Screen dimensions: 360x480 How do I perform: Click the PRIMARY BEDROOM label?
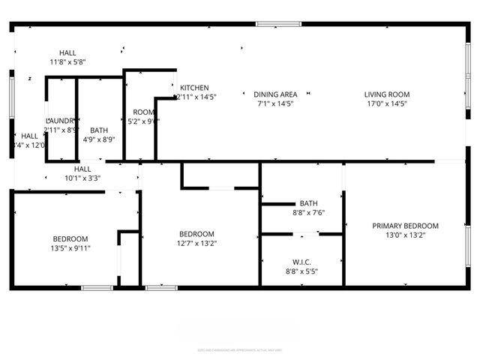point(406,226)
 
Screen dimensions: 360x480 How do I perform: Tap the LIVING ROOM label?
point(387,94)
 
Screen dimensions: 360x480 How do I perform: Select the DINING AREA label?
point(276,94)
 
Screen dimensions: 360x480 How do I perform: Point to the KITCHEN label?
point(194,88)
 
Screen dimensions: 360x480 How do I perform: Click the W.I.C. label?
point(301,262)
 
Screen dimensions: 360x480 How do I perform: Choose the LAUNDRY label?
point(60,121)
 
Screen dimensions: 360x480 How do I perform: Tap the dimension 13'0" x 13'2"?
point(406,235)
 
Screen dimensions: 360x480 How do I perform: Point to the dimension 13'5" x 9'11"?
point(70,248)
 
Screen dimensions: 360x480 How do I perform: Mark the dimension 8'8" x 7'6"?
point(308,212)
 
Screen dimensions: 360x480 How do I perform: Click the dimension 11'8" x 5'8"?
point(68,62)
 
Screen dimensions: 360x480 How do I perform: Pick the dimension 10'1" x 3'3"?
point(82,178)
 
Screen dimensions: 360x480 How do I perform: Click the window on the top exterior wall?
point(278,24)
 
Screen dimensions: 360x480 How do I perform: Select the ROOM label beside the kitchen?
point(143,112)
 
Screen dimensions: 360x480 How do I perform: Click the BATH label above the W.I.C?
point(308,203)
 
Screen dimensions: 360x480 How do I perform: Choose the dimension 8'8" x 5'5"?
point(301,271)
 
